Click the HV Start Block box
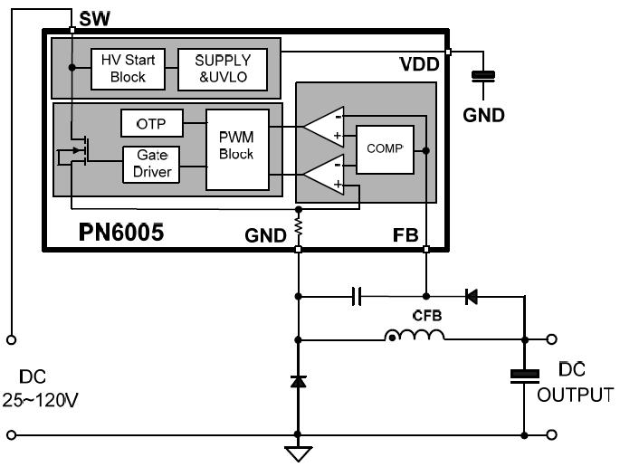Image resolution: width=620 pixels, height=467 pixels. [128, 68]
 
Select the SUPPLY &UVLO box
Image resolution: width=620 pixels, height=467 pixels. [224, 68]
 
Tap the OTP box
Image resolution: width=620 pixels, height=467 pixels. [151, 122]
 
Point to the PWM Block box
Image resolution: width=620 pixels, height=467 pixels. [236, 148]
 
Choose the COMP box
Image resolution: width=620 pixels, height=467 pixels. [385, 148]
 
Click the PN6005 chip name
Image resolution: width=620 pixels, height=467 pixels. [119, 233]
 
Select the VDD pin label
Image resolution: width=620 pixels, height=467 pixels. [420, 66]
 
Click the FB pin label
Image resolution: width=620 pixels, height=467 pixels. [405, 234]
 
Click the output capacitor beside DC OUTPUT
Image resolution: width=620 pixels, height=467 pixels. [524, 375]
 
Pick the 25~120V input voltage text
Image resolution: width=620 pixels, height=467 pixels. [41, 398]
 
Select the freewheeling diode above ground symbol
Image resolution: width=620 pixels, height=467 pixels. [299, 381]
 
